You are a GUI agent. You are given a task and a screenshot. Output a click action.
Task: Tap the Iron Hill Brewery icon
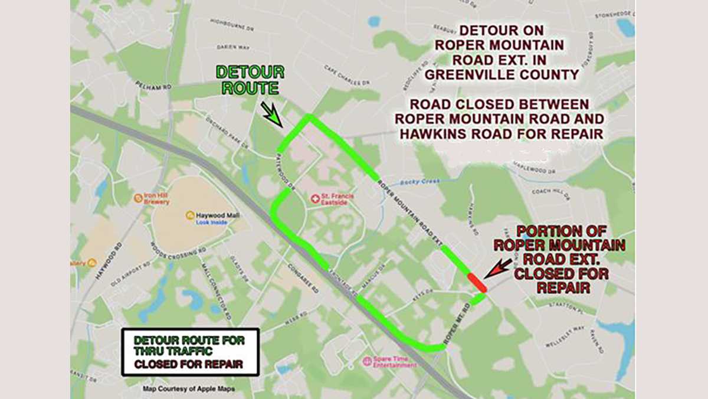[138, 198]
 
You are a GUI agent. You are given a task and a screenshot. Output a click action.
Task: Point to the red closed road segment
[477, 282]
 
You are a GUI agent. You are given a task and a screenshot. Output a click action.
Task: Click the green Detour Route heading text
[250, 80]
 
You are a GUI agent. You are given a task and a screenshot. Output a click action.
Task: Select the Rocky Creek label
[419, 182]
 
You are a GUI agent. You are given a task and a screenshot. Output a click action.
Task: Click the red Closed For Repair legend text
[188, 364]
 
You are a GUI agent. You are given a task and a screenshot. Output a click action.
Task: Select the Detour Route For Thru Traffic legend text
[188, 346]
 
